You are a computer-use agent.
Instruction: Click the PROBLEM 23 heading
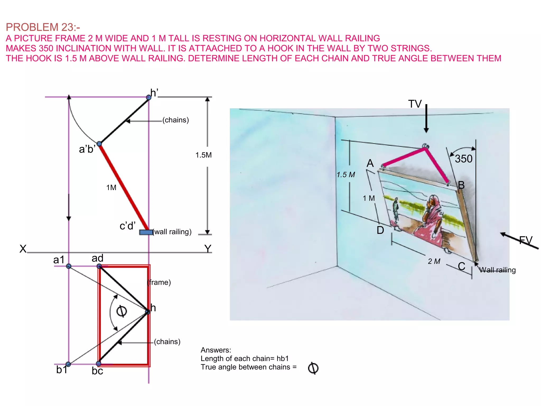43,27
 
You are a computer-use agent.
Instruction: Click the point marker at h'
148,97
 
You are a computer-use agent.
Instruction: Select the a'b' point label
87,149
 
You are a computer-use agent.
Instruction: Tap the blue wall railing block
146,232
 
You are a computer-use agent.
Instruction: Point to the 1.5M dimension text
203,155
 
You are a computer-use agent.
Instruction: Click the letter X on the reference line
23,249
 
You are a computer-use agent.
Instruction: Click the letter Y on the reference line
208,249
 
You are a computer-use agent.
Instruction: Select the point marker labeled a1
69,266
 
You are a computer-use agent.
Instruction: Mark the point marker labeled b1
68,364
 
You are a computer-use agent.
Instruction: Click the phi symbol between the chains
122,311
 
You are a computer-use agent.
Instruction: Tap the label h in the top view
153,308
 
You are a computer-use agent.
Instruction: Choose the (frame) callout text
159,282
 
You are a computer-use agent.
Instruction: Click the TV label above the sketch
415,104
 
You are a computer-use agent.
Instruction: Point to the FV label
525,240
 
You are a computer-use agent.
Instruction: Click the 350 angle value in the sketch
464,159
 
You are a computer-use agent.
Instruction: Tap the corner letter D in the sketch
380,230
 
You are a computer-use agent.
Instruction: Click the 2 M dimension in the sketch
434,261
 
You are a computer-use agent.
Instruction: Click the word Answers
216,350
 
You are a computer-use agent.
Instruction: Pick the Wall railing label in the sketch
497,270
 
